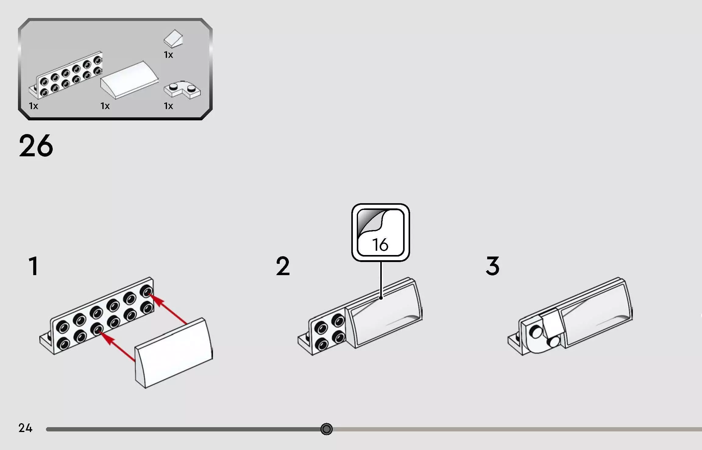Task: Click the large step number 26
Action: tap(36, 146)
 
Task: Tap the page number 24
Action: tap(25, 428)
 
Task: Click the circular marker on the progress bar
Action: tap(326, 429)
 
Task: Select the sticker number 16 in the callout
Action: tap(380, 245)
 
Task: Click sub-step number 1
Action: tap(34, 266)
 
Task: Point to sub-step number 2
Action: tap(283, 266)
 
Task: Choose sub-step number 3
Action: tap(493, 266)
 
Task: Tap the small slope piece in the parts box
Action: tap(173, 39)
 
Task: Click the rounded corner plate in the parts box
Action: tap(182, 90)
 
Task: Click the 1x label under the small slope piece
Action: tap(168, 55)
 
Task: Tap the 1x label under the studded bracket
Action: tap(34, 106)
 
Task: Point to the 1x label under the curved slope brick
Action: tap(105, 106)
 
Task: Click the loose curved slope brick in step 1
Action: tap(174, 353)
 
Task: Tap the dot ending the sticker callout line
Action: tap(381, 298)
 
